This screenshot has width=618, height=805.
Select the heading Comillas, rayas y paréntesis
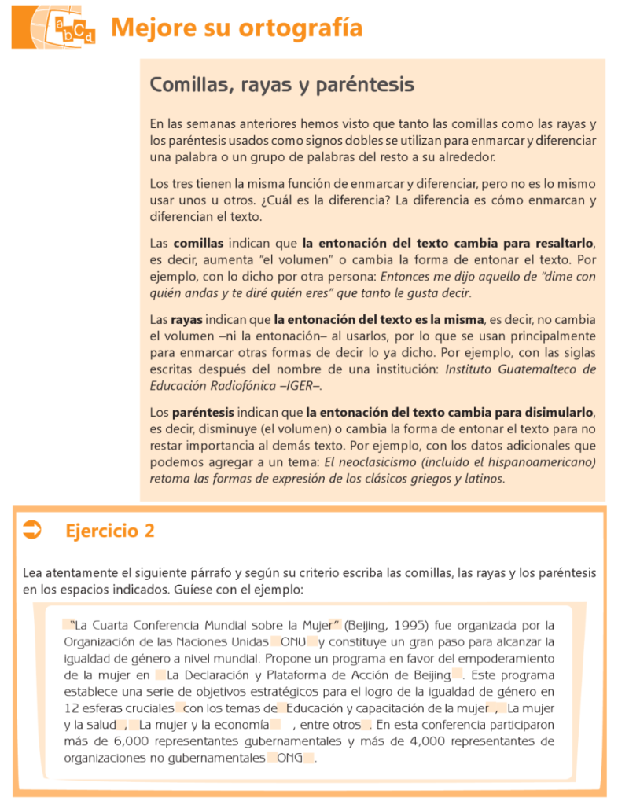(281, 84)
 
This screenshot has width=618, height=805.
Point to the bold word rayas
(187, 320)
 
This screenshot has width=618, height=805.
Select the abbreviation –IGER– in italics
(299, 386)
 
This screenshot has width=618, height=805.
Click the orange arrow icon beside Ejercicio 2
(33, 531)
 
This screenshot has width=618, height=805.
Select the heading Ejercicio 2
(109, 531)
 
